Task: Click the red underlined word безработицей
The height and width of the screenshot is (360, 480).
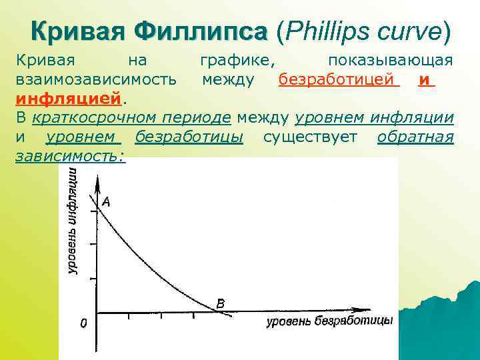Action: coord(338,80)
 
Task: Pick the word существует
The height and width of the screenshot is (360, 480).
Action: coord(310,137)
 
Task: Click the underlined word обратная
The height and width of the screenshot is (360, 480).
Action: coord(415,137)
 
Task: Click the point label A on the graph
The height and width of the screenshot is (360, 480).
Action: coord(105,201)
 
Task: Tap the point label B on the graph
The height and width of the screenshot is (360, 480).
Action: coord(221,303)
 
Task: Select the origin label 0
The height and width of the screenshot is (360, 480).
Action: coord(83,323)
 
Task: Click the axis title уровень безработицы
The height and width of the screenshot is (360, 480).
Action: coord(329,322)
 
